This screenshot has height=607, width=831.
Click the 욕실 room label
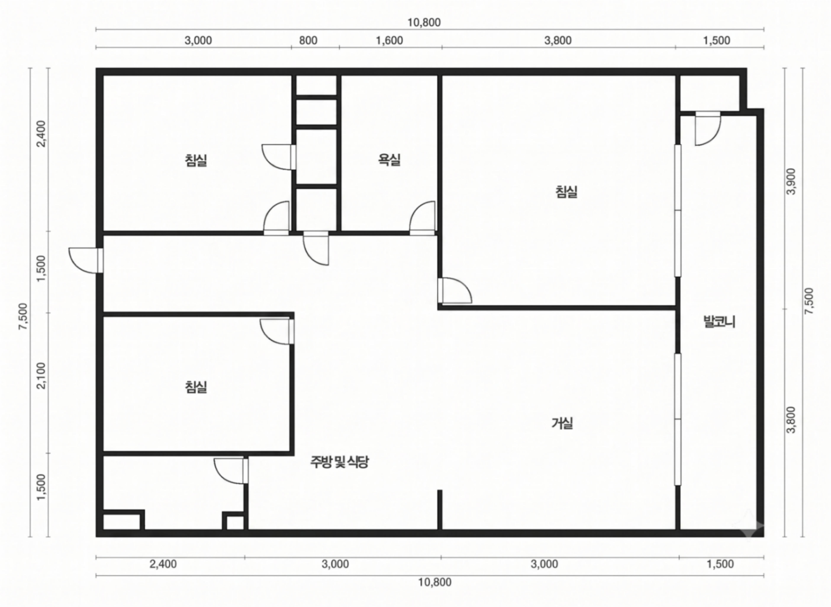pyautogui.click(x=389, y=160)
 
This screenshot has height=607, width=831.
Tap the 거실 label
pyautogui.click(x=562, y=423)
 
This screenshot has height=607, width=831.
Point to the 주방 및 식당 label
pyautogui.click(x=339, y=462)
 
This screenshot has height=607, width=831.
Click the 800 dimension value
pyautogui.click(x=308, y=40)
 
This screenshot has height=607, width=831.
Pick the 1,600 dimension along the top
pyautogui.click(x=389, y=40)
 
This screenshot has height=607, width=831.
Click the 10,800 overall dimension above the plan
pyautogui.click(x=424, y=22)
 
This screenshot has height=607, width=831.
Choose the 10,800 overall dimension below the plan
pyautogui.click(x=435, y=582)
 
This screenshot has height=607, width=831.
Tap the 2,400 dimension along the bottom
pyautogui.click(x=163, y=564)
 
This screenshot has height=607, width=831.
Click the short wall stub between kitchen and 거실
pyautogui.click(x=439, y=510)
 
